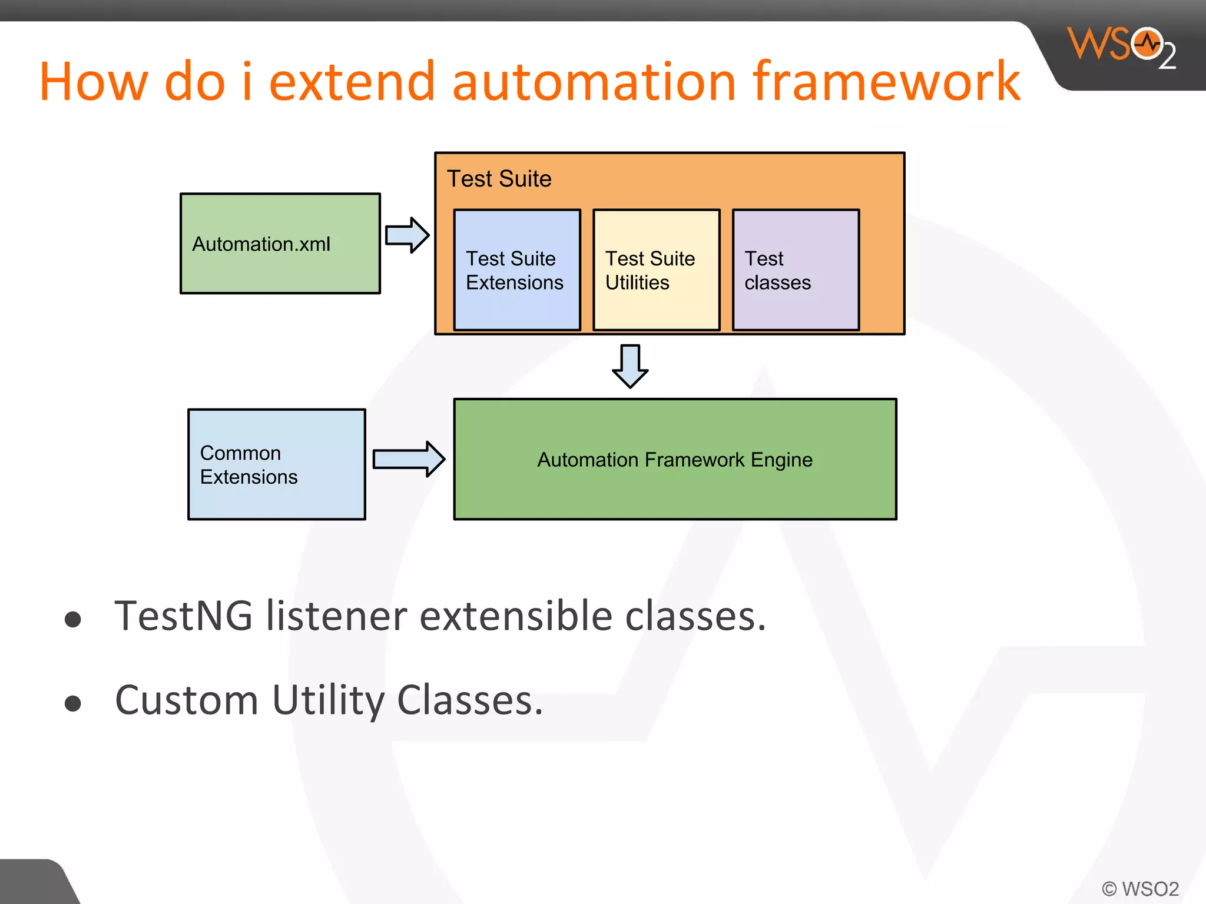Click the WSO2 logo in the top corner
pyautogui.click(x=1122, y=47)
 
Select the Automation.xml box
pyautogui.click(x=280, y=244)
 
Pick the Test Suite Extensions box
pyautogui.click(x=517, y=270)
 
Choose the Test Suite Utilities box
pyautogui.click(x=656, y=270)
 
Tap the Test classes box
pyautogui.click(x=796, y=270)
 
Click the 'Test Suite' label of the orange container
pyautogui.click(x=499, y=179)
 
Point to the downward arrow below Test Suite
pyautogui.click(x=630, y=366)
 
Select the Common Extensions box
pyautogui.click(x=276, y=464)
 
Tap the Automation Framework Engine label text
pyautogui.click(x=675, y=460)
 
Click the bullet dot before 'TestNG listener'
pyautogui.click(x=73, y=619)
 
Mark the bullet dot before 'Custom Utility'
pyautogui.click(x=73, y=703)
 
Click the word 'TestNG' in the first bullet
pyautogui.click(x=183, y=616)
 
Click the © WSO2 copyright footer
pyautogui.click(x=1140, y=888)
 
